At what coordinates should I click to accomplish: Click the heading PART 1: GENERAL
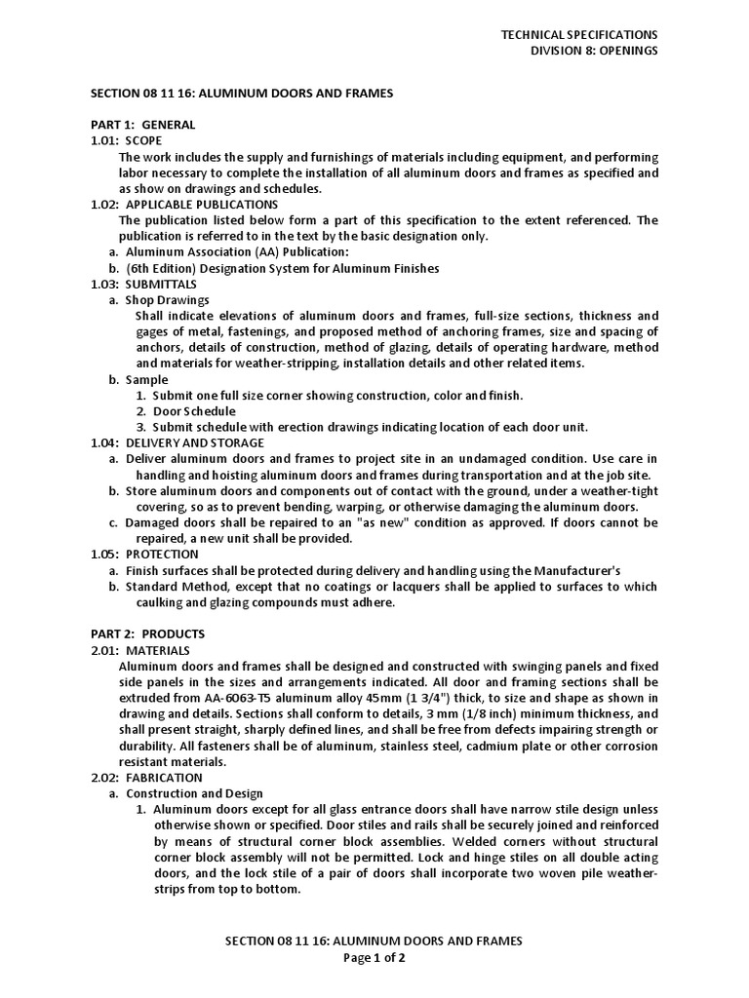tap(142, 125)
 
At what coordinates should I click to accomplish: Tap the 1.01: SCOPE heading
tap(129, 140)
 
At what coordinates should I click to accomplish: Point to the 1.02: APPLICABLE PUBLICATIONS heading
tap(184, 205)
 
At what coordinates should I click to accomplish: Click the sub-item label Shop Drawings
tap(167, 300)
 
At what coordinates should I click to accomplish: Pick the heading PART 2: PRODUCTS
tap(147, 633)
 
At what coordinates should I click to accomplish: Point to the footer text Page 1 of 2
tap(374, 958)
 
